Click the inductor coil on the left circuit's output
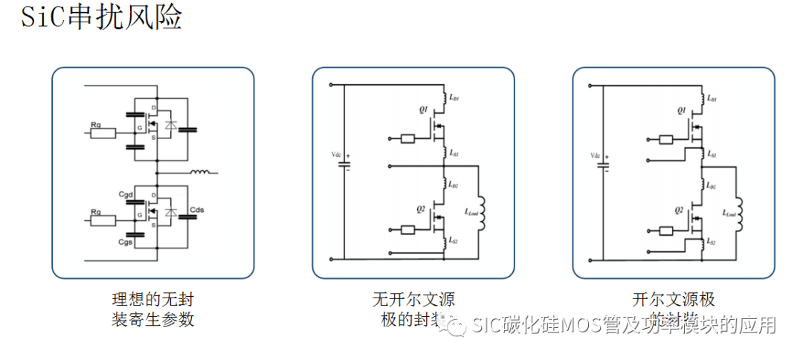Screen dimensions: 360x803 click(x=201, y=173)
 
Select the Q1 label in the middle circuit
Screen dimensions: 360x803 click(x=422, y=109)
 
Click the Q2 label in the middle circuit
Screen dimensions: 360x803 click(x=421, y=209)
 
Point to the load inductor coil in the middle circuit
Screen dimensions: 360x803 click(x=483, y=213)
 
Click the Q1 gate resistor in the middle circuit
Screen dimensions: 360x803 click(x=407, y=138)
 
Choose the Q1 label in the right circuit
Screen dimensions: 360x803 click(x=682, y=110)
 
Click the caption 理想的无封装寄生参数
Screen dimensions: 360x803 click(x=152, y=310)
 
